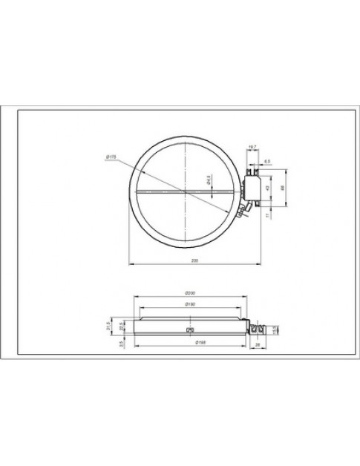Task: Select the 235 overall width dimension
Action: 194,260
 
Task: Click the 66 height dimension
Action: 283,188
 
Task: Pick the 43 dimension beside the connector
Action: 267,188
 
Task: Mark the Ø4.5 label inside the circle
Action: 209,181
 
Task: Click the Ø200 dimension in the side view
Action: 189,294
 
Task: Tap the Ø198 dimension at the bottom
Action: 189,344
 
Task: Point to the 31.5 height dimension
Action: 108,327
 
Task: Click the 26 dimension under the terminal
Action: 257,344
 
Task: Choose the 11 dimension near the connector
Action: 267,214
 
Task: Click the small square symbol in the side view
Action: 189,329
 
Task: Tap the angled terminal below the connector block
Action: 241,213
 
